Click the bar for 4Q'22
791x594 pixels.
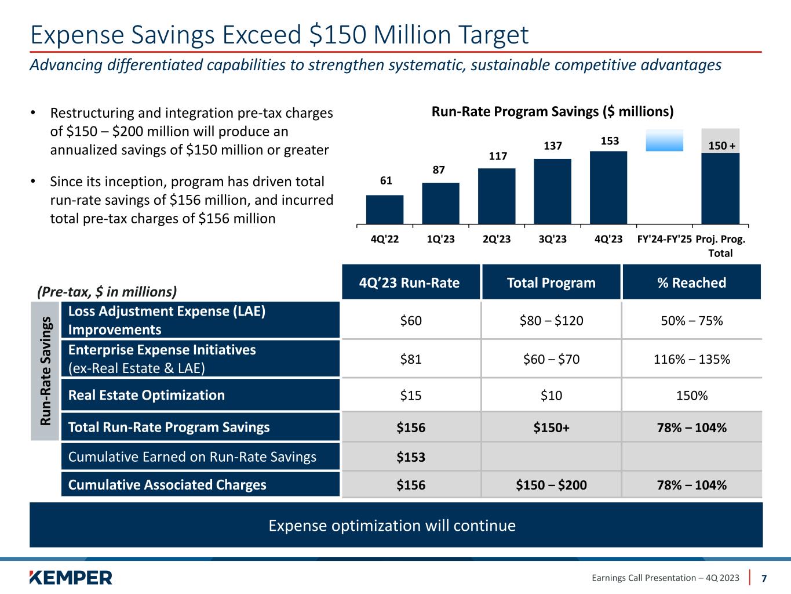pos(385,209)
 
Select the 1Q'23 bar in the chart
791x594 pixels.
pos(440,203)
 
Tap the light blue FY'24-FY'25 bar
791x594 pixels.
pos(665,140)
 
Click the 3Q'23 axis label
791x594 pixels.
pos(553,239)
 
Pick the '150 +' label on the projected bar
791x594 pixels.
pos(721,146)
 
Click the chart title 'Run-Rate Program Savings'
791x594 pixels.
pos(552,111)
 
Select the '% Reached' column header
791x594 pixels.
pos(691,282)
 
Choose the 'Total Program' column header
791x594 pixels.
pos(551,282)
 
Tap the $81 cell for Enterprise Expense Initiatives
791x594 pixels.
pos(411,359)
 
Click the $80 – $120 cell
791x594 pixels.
pos(551,321)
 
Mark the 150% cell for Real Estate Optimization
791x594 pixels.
pos(691,396)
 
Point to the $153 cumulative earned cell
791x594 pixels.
pos(411,457)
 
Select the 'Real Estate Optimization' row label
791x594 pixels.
pos(146,395)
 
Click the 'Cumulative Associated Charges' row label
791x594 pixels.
pos(167,485)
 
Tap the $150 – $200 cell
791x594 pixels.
pos(551,485)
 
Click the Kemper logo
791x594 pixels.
pos(71,578)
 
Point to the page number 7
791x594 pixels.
pos(764,578)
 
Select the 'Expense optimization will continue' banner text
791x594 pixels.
pos(392,526)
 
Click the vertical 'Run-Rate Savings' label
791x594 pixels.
pos(45,371)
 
